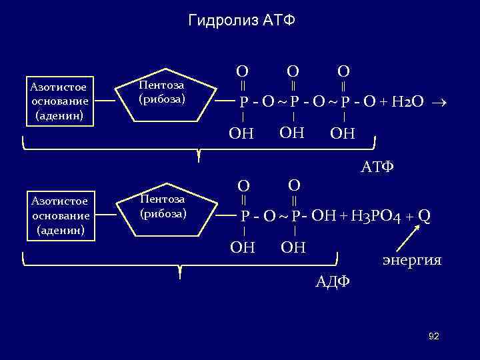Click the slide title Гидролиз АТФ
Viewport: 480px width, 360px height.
[241, 21]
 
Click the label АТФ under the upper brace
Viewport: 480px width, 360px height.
[377, 167]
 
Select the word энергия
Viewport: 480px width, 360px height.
[411, 259]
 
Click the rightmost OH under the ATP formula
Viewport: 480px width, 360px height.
[343, 134]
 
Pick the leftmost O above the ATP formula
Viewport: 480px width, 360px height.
[243, 71]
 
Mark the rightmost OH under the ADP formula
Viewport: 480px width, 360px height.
[293, 248]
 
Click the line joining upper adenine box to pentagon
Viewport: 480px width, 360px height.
[106, 101]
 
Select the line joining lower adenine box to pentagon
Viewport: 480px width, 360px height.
[106, 214]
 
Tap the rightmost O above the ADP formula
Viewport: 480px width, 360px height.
[295, 183]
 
